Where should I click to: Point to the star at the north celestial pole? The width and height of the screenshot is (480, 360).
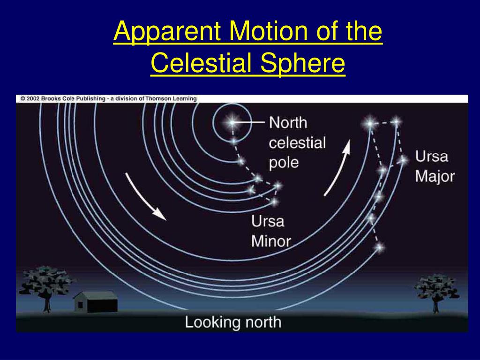click(x=232, y=122)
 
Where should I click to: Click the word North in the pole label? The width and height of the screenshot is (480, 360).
click(x=288, y=123)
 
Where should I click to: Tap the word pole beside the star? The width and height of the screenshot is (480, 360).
click(x=284, y=163)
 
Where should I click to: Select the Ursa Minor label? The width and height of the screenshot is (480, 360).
click(x=271, y=231)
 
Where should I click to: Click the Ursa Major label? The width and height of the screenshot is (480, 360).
click(x=435, y=166)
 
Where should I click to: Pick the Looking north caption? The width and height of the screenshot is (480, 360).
click(x=233, y=322)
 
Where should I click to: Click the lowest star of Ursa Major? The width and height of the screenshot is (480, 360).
click(x=380, y=247)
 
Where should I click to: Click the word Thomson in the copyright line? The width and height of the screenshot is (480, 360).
click(x=157, y=98)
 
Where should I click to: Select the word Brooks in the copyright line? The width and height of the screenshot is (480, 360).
click(x=51, y=98)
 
